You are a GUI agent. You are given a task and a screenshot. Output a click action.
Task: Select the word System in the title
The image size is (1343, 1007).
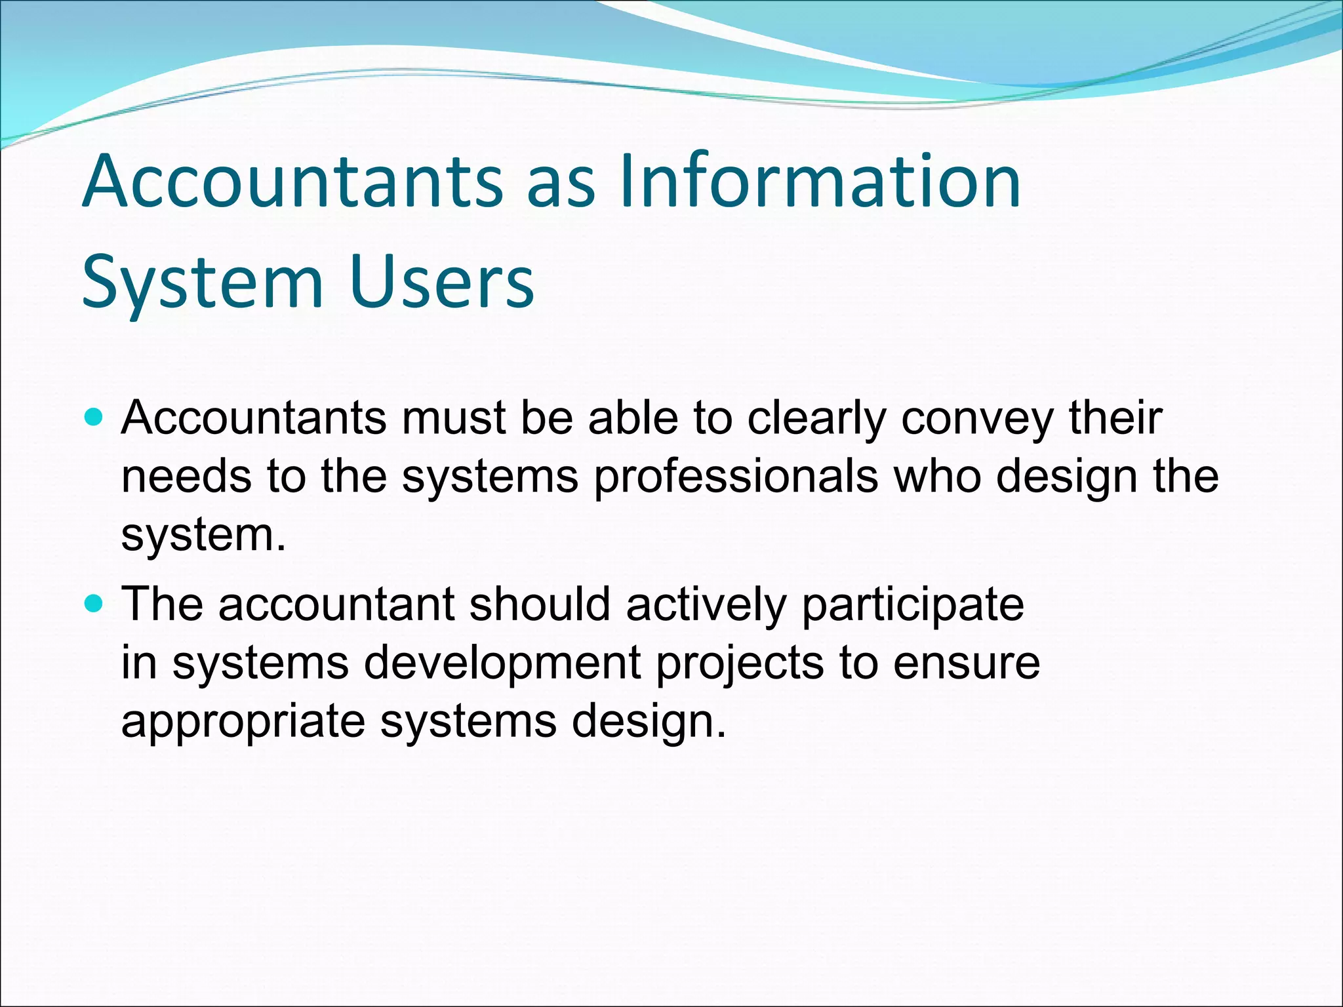[203, 283]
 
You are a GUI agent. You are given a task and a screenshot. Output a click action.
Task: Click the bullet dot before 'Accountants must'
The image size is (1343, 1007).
[94, 416]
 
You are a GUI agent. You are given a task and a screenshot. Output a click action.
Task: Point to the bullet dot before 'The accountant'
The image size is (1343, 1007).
[94, 603]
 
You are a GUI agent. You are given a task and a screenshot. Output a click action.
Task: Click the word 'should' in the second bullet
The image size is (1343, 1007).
[540, 604]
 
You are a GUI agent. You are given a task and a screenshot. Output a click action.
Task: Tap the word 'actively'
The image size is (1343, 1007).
[706, 605]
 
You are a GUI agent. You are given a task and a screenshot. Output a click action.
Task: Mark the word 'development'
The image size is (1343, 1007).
[502, 663]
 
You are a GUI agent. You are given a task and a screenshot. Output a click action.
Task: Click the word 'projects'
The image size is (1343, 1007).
[740, 663]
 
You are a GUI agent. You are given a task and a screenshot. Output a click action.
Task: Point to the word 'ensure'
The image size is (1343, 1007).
[967, 663]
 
